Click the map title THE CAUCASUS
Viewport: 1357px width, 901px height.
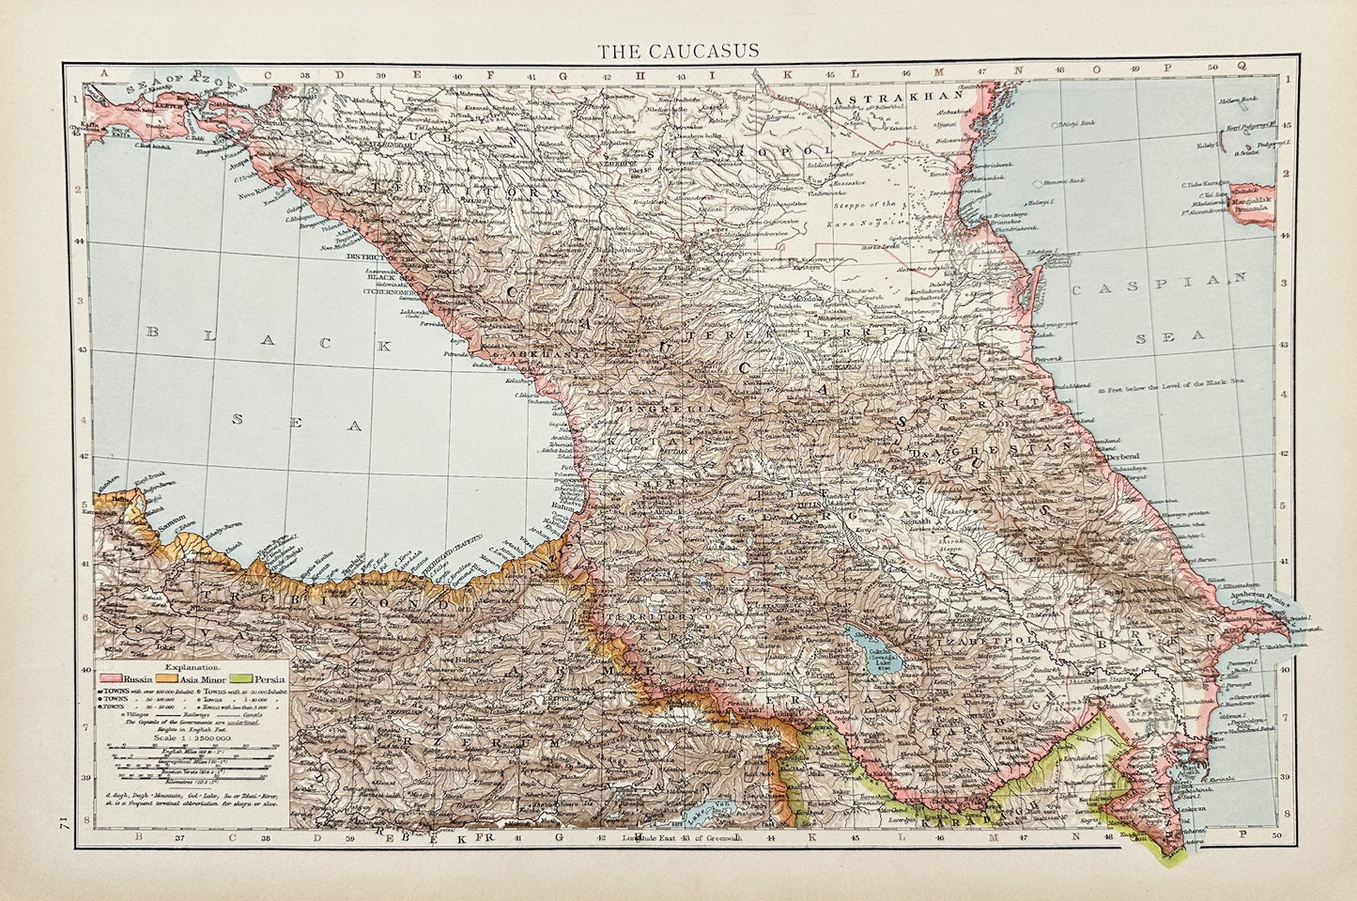(679, 49)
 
